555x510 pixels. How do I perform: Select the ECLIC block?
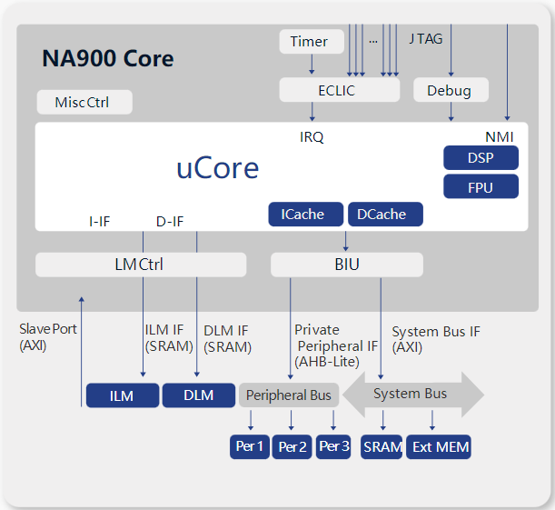pyautogui.click(x=336, y=90)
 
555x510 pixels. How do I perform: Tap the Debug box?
pyautogui.click(x=451, y=90)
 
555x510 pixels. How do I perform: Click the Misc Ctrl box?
pyautogui.click(x=84, y=102)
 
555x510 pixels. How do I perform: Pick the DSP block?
pyautogui.click(x=481, y=157)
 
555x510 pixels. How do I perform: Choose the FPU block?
pyautogui.click(x=481, y=186)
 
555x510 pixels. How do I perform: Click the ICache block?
pyautogui.click(x=305, y=214)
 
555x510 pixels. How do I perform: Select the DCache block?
pyautogui.click(x=384, y=214)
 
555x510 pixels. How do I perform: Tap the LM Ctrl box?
pyautogui.click(x=140, y=265)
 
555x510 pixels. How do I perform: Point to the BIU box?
pyautogui.click(x=346, y=265)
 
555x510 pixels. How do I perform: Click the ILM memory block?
pyautogui.click(x=122, y=395)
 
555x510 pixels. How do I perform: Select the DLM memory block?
pyautogui.click(x=198, y=395)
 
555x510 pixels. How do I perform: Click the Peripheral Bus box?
pyautogui.click(x=289, y=395)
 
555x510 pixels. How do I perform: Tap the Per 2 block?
pyautogui.click(x=292, y=447)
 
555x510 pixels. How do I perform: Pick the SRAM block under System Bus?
pyautogui.click(x=382, y=447)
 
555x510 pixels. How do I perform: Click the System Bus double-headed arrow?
pyautogui.click(x=413, y=394)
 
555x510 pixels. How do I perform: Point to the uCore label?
pyautogui.click(x=217, y=168)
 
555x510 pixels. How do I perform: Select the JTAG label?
pyautogui.click(x=425, y=39)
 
